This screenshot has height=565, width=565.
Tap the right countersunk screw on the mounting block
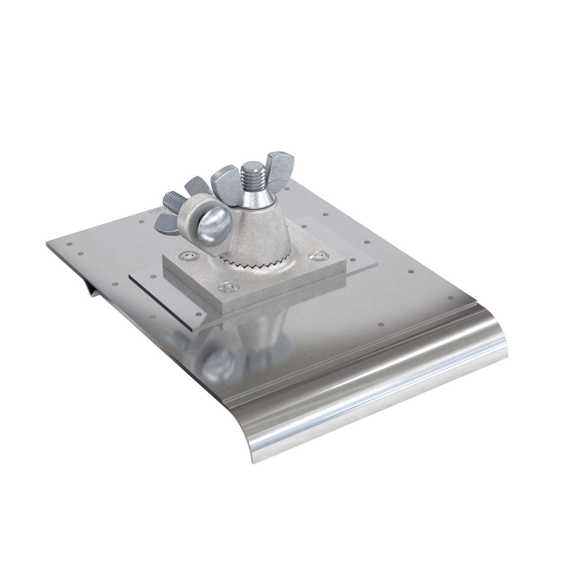pyautogui.click(x=317, y=256)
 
